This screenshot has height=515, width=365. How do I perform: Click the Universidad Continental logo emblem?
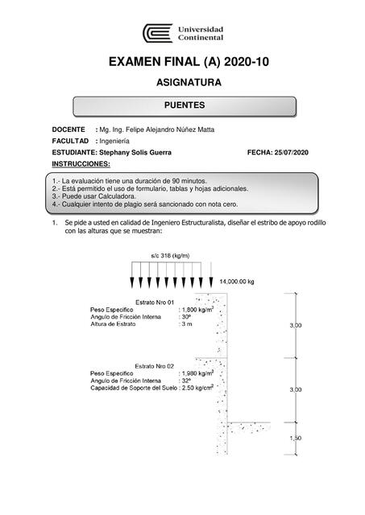point(157,34)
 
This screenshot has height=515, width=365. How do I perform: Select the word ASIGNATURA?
point(182,83)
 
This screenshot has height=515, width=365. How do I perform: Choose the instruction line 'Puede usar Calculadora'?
point(94,196)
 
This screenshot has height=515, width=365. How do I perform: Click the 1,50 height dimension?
point(296,437)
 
